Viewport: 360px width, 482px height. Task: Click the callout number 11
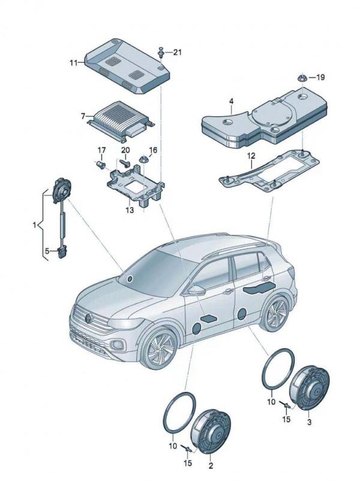73,62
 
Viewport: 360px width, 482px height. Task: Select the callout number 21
177,53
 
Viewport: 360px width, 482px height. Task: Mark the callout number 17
101,150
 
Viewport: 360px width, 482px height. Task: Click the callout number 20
125,150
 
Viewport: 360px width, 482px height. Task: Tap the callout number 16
153,150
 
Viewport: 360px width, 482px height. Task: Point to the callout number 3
310,423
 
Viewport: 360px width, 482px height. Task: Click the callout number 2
210,465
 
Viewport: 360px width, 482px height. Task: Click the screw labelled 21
161,53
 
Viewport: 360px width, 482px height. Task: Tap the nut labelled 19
302,78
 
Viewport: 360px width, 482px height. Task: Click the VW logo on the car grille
88,317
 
